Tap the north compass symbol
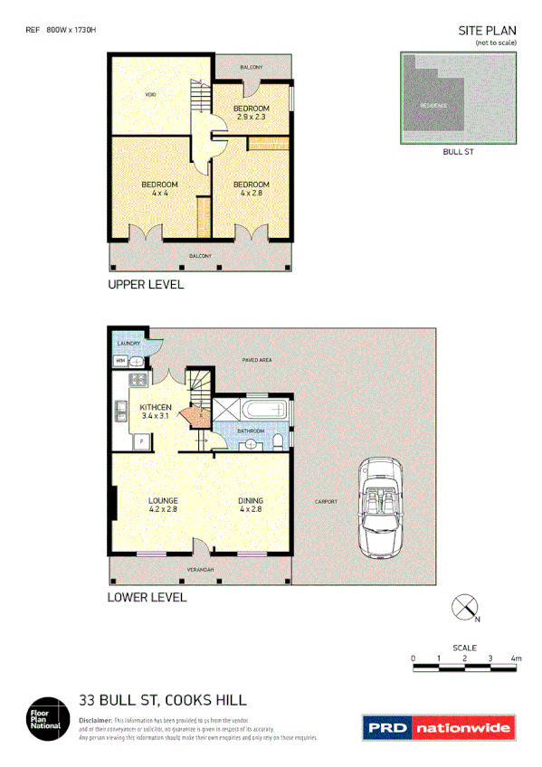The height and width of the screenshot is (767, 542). (465, 608)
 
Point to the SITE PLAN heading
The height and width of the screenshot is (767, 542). (489, 31)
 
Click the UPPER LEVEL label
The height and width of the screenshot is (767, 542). (146, 285)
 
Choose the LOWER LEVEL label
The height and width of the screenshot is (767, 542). (147, 598)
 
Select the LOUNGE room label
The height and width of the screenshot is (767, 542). (163, 500)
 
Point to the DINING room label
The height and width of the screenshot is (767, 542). (251, 500)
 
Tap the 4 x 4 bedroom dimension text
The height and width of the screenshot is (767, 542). (159, 194)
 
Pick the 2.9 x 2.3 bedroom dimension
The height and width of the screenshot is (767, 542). (252, 117)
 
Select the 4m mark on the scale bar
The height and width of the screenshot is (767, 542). (516, 658)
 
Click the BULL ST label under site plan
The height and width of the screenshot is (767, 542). (458, 152)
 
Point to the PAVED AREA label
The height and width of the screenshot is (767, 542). (257, 361)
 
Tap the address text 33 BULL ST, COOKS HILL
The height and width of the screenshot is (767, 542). (163, 699)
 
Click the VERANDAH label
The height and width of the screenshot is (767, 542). (200, 570)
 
